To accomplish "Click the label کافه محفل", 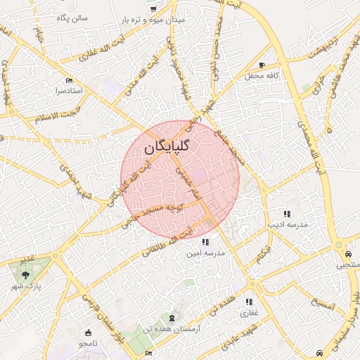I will pyautogui.click(x=262, y=75).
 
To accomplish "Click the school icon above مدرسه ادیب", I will pyautogui.click(x=286, y=214).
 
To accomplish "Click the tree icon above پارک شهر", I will pyautogui.click(x=26, y=275).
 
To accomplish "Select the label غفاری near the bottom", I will pyautogui.click(x=250, y=312).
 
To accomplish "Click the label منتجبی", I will pyautogui.click(x=348, y=265).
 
